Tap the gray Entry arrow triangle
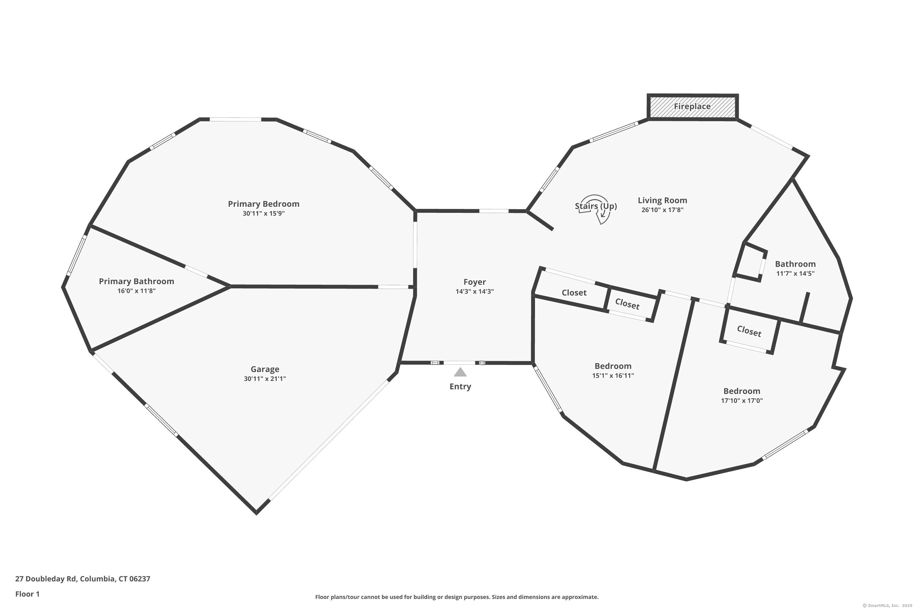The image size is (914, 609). (460, 372)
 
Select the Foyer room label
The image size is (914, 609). (474, 282)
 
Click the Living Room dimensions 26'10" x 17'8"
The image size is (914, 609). (662, 210)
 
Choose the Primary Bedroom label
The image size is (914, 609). (264, 204)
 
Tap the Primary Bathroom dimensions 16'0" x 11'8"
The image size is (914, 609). (136, 291)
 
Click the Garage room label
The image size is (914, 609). (265, 369)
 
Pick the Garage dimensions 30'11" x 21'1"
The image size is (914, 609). (265, 379)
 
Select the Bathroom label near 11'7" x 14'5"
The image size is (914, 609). (795, 264)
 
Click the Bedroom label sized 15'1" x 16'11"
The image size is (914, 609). (613, 366)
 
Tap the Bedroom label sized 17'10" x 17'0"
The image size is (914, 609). (742, 391)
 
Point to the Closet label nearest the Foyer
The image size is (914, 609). (574, 293)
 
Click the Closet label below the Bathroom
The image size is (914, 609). (749, 331)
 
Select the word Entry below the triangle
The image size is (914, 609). (460, 386)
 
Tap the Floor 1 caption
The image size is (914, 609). (27, 594)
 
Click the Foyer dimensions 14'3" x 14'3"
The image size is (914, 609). (474, 292)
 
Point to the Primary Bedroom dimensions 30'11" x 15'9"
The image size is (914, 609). (264, 214)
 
